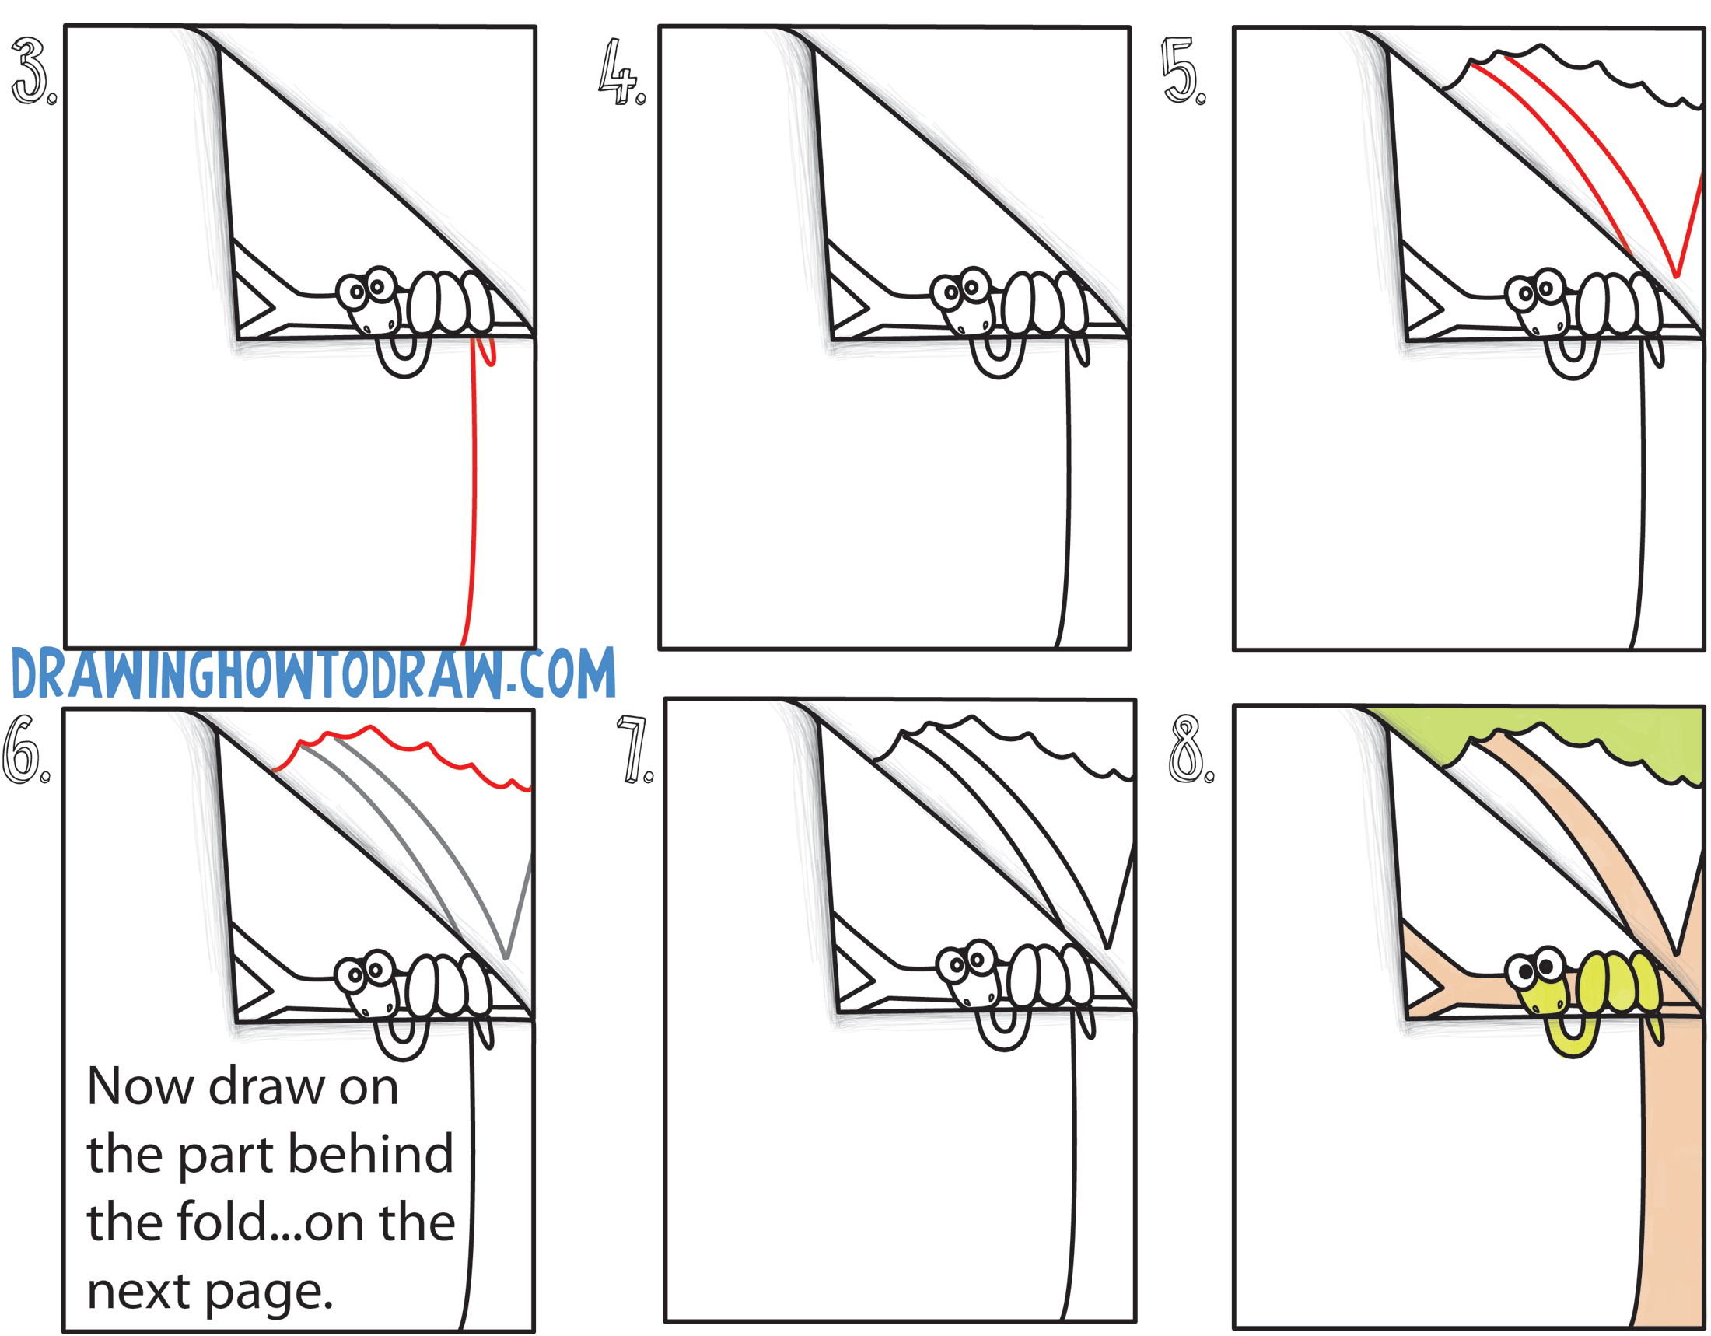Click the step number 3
tap(31, 72)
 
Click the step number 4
tap(621, 72)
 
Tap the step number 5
tap(1183, 72)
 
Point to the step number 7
tap(635, 750)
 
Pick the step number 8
tap(1190, 750)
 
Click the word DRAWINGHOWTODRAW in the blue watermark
tap(257, 674)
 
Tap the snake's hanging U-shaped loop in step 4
tap(997, 356)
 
